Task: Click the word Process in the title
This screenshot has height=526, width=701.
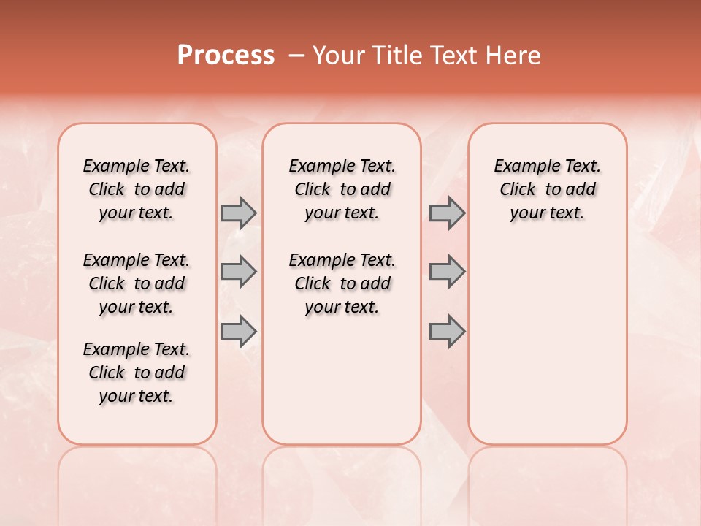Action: [x=226, y=55]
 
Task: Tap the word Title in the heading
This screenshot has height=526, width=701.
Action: [x=394, y=55]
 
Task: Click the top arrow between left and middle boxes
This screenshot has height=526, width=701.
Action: [x=239, y=213]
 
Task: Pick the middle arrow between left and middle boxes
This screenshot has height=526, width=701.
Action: [x=239, y=272]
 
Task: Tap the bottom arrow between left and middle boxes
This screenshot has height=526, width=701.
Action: [x=239, y=331]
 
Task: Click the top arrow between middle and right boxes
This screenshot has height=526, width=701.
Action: [x=447, y=213]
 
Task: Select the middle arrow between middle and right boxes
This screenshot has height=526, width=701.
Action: [x=447, y=272]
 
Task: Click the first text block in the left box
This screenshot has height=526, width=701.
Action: [x=137, y=189]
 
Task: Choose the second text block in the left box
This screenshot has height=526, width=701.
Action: [x=137, y=283]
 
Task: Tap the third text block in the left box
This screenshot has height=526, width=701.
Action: [x=137, y=373]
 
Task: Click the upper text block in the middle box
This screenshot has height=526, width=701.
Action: [x=342, y=189]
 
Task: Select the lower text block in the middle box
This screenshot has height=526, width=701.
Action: [x=342, y=283]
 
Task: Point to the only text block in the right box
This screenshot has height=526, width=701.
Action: [x=548, y=189]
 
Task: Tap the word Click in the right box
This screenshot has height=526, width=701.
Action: [x=518, y=189]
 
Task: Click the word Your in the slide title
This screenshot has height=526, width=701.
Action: [x=337, y=55]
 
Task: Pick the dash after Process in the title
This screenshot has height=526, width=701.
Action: [x=296, y=55]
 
